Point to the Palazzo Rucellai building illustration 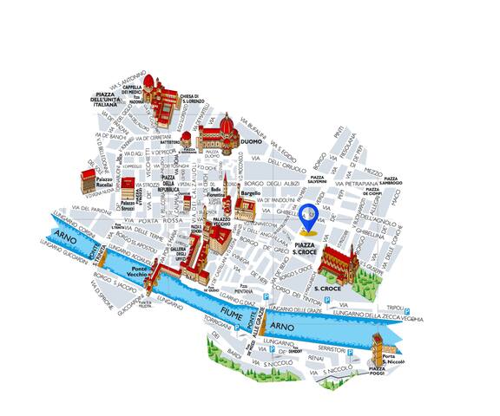pyautogui.click(x=89, y=180)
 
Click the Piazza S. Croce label pyautogui.click(x=305, y=250)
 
